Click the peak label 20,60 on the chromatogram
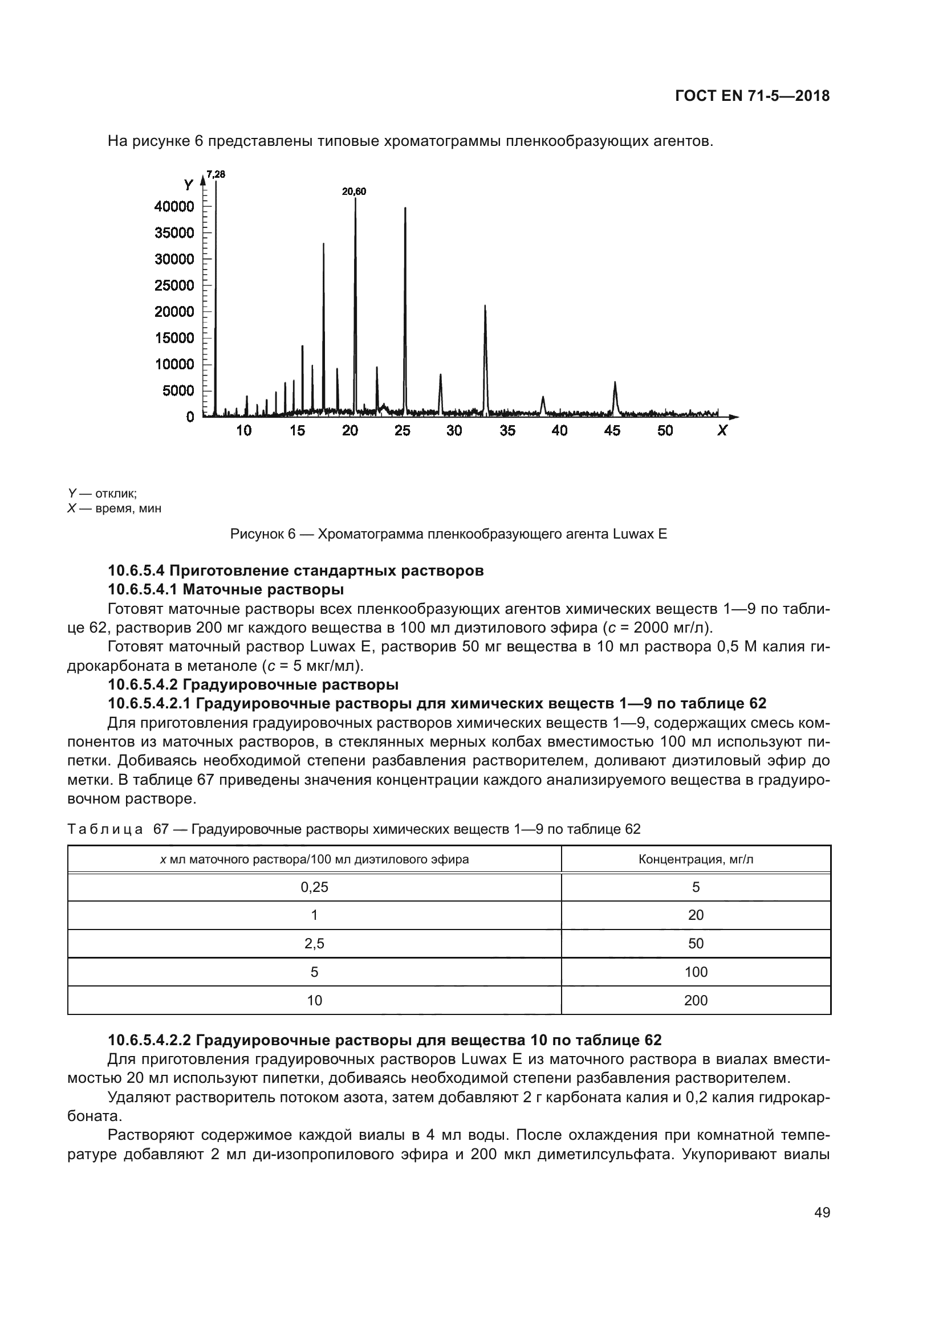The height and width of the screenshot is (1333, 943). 353,191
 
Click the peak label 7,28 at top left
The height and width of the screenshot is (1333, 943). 216,174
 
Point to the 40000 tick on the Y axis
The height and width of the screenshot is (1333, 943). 174,207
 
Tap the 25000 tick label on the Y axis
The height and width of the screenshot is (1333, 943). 174,286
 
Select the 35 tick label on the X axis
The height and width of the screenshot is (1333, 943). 507,431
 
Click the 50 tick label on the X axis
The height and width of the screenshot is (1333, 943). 665,431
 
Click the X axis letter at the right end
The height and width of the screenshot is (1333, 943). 722,431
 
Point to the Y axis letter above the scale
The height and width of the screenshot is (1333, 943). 189,185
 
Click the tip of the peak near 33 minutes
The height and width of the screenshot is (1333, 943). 485,306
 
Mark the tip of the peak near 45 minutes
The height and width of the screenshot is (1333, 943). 615,382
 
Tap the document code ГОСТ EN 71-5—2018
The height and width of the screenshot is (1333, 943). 752,96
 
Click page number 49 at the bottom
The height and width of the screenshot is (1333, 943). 822,1212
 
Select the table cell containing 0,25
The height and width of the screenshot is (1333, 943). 314,887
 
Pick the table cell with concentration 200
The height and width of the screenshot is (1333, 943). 696,1000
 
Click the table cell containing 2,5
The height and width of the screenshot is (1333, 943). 314,943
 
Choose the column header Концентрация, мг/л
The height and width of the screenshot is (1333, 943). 696,859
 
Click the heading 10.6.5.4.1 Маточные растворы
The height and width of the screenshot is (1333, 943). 226,590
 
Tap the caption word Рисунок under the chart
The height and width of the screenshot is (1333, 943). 258,534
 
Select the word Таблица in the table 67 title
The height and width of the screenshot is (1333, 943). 105,829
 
